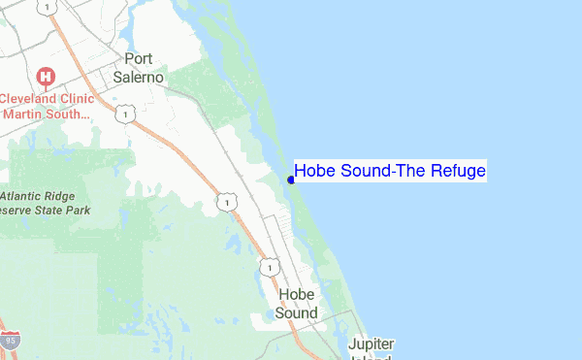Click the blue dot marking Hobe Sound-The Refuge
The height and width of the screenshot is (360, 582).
(291, 179)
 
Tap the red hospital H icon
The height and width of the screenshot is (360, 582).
(45, 76)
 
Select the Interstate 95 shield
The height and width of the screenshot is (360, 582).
(10, 343)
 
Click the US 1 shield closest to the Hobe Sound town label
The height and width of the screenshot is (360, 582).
(268, 266)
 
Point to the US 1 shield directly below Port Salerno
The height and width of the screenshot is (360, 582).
(124, 115)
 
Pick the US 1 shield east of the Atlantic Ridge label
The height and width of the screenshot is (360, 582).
(225, 202)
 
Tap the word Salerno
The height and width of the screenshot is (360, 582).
(140, 77)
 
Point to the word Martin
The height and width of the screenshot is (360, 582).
(26, 115)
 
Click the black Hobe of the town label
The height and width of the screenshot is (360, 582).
(296, 294)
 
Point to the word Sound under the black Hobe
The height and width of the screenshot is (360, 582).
(296, 312)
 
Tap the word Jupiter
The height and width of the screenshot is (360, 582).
(372, 344)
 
